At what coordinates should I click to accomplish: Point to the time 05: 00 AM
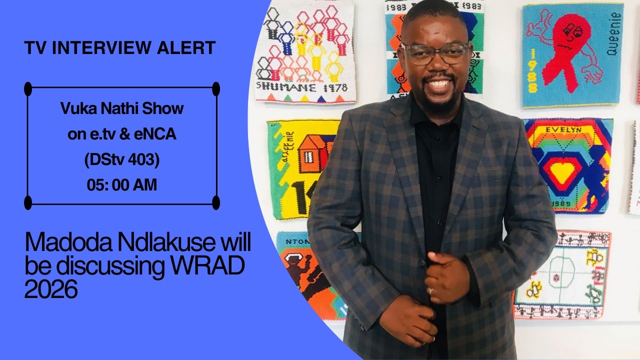pyautogui.click(x=122, y=185)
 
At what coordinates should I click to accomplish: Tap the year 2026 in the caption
pyautogui.click(x=51, y=289)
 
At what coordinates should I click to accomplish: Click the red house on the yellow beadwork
pyautogui.click(x=314, y=152)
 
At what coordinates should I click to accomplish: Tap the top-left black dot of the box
pyautogui.click(x=28, y=89)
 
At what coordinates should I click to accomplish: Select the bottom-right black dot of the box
pyautogui.click(x=216, y=202)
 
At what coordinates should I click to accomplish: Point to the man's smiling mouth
pyautogui.click(x=438, y=84)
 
